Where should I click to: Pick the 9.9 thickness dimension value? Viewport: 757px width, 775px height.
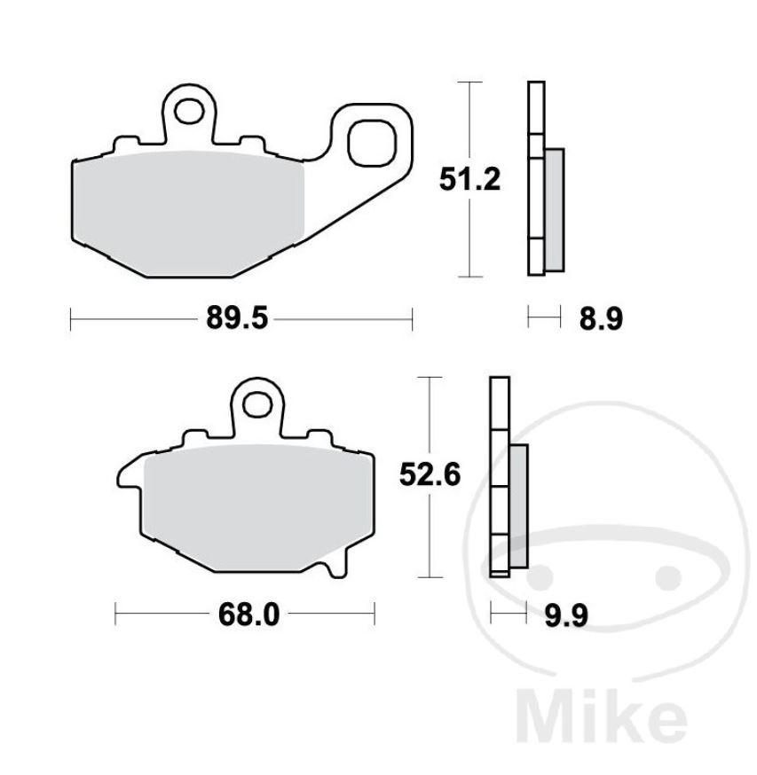566,614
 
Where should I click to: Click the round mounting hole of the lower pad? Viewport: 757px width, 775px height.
259,405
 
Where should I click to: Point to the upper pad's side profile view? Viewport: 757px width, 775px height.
542,177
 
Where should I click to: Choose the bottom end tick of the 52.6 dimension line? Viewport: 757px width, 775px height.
430,577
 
